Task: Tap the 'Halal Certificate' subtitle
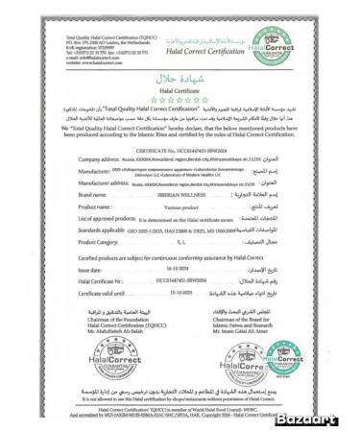tap(180, 84)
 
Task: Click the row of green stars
tap(180, 97)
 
